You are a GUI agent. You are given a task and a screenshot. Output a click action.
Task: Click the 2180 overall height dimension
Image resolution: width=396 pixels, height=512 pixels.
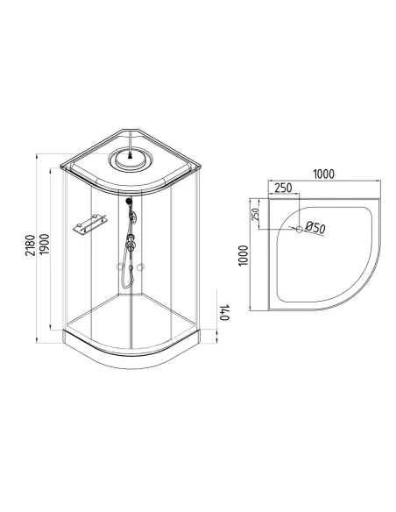pos(30,245)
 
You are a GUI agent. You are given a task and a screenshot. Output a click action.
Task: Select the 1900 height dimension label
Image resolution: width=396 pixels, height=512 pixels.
pos(44,245)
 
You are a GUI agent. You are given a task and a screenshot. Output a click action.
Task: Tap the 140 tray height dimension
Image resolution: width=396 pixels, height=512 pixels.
pos(224,312)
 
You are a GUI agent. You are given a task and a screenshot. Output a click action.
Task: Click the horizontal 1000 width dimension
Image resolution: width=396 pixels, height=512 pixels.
pos(323,174)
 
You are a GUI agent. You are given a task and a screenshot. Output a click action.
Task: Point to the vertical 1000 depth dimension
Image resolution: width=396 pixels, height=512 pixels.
pos(244,256)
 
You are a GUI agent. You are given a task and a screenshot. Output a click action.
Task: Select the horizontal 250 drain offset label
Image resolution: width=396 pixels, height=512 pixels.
pos(283,188)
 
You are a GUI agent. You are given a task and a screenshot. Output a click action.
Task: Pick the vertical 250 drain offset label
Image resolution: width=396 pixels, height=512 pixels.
pos(256,214)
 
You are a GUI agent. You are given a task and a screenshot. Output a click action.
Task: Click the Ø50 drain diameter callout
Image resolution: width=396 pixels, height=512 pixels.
pos(315,227)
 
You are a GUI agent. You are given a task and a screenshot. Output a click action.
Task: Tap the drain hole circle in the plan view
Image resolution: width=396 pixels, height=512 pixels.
pos(299,229)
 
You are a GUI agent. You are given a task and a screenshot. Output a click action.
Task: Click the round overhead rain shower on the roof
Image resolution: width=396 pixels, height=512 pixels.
pos(131,159)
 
